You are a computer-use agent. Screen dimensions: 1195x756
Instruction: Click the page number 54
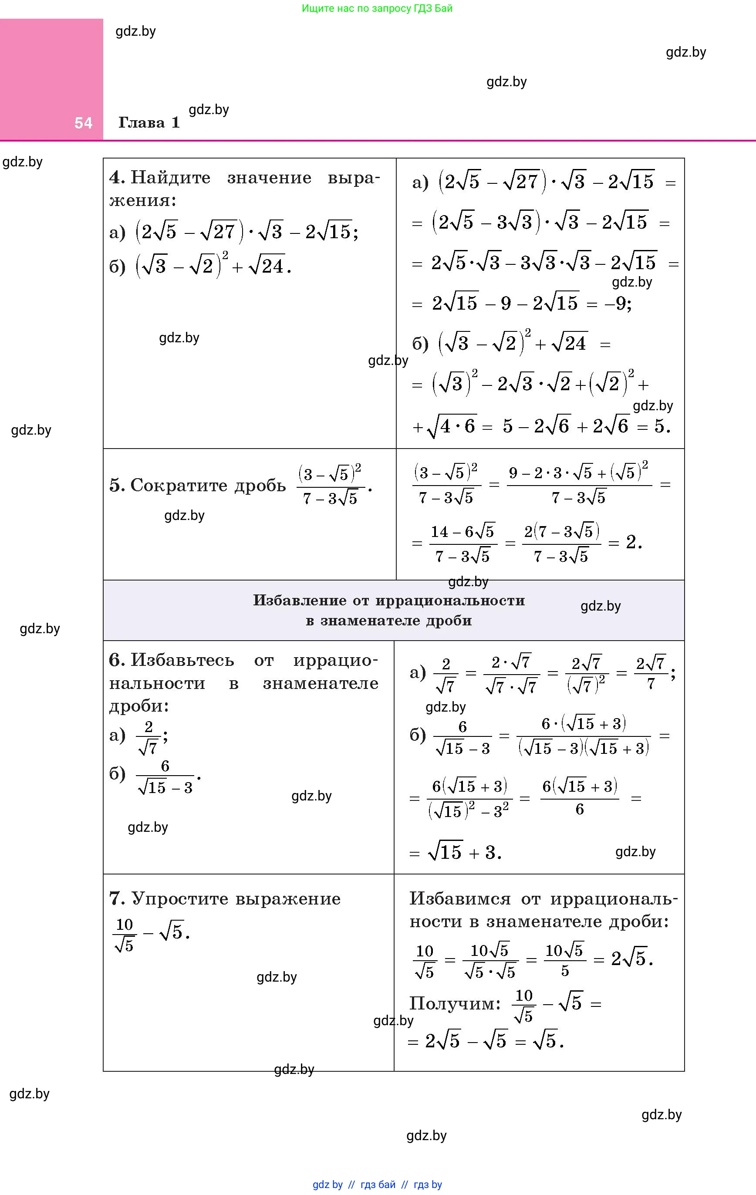83,123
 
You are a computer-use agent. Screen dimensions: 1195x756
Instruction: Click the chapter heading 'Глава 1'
149,122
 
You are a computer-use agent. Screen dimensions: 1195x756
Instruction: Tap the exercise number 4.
116,177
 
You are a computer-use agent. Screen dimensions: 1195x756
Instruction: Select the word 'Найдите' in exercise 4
171,178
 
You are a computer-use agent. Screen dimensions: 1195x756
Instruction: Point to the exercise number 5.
116,485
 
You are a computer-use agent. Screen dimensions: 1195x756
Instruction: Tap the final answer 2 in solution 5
631,543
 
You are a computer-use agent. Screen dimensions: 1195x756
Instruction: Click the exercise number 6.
116,660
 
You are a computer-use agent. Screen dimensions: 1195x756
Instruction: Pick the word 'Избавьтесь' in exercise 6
182,661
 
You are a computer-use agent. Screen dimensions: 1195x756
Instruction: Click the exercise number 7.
116,898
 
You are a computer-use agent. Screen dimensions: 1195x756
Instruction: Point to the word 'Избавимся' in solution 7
460,898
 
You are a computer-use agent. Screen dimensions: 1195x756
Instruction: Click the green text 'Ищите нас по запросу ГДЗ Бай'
377,8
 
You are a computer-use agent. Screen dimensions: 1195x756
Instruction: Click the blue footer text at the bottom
377,1185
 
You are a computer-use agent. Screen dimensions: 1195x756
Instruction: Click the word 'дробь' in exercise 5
260,485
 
